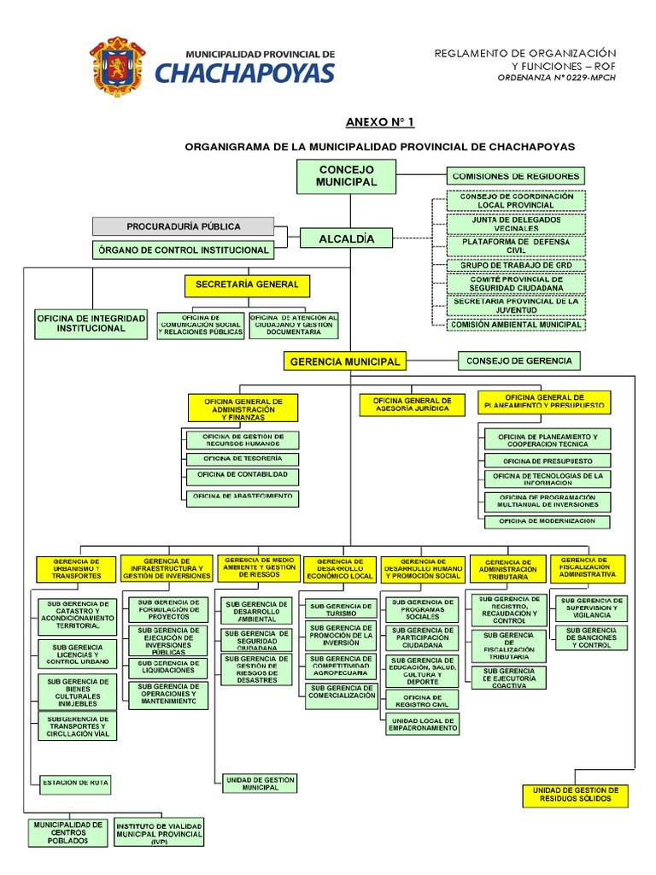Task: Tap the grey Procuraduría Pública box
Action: (183, 226)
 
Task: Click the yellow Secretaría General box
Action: (247, 285)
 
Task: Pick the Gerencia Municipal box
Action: (345, 361)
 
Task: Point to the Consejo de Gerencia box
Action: (519, 361)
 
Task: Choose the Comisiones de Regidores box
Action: (516, 176)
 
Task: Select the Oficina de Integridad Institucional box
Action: (79, 323)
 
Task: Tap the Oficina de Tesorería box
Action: (243, 459)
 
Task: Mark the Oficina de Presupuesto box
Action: (547, 460)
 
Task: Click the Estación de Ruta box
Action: (75, 782)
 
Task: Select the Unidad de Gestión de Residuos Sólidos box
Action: (575, 796)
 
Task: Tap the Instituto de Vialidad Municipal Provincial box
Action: (159, 833)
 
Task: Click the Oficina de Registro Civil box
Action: (422, 701)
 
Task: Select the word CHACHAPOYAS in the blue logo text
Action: (244, 73)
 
